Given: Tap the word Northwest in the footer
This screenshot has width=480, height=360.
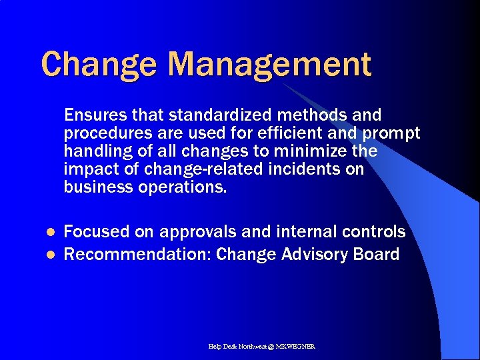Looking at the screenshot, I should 250,347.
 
